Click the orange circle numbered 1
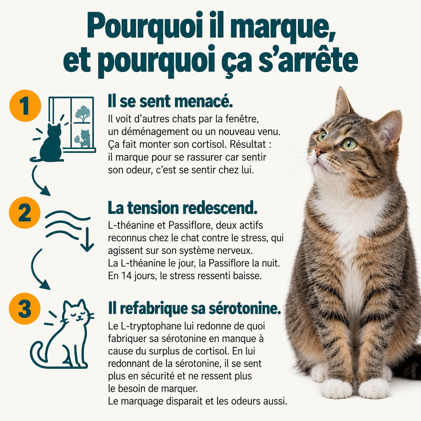pyautogui.click(x=25, y=106)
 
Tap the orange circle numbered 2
pyautogui.click(x=25, y=213)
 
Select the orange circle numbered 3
pyautogui.click(x=25, y=309)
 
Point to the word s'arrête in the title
pyautogui.click(x=308, y=61)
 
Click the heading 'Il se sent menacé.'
pyautogui.click(x=171, y=102)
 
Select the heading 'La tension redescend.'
pyautogui.click(x=183, y=208)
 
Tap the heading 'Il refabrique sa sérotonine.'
pyautogui.click(x=194, y=309)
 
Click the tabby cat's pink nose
pyautogui.click(x=319, y=151)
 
